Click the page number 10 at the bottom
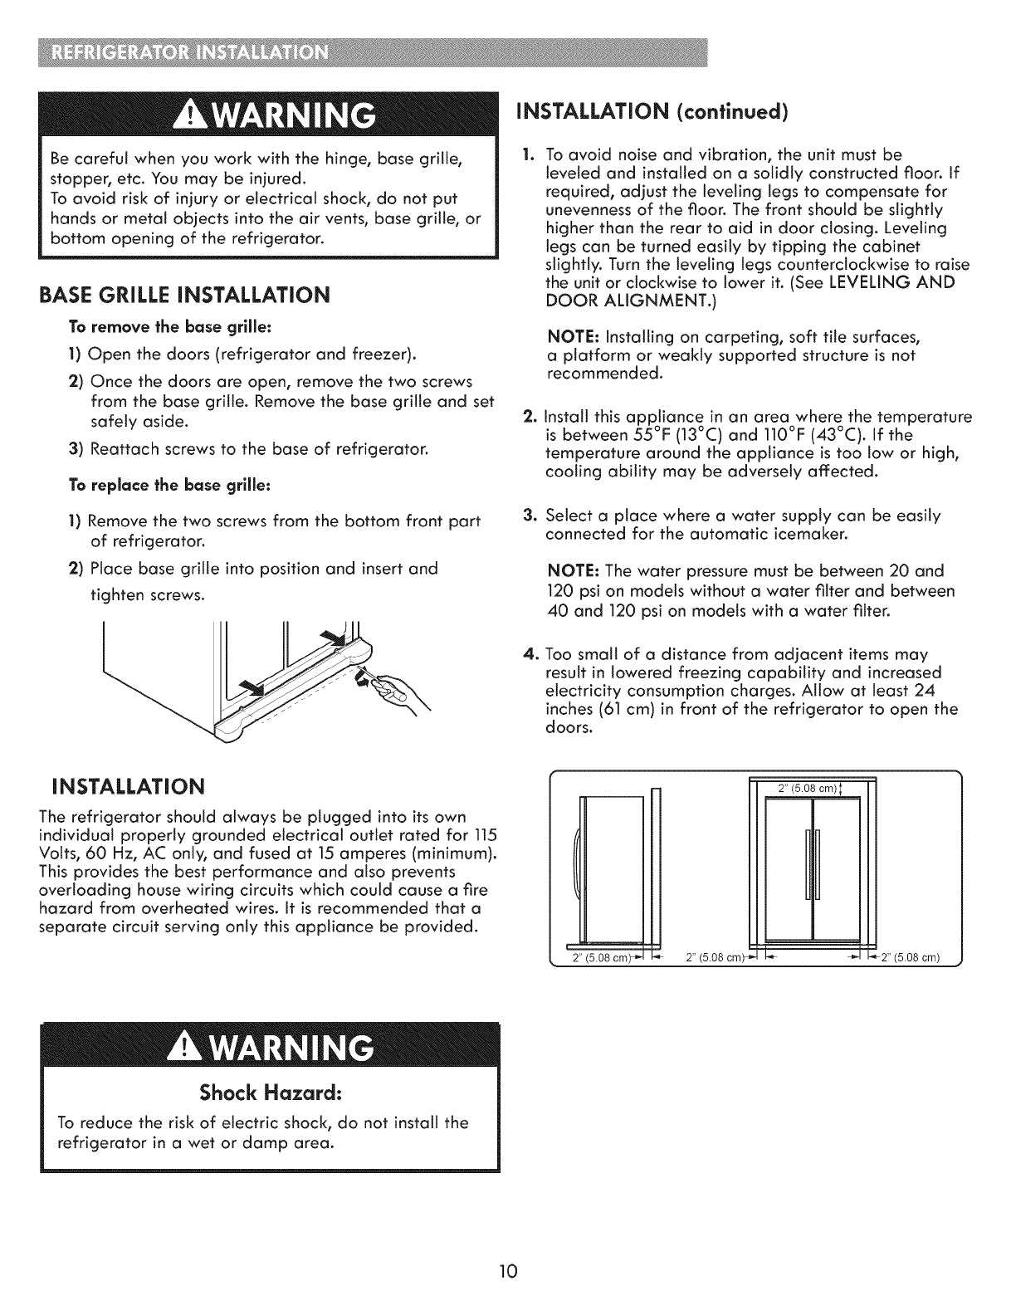[x=508, y=1270]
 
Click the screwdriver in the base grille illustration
[x=367, y=678]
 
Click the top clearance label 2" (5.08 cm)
[x=808, y=789]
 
